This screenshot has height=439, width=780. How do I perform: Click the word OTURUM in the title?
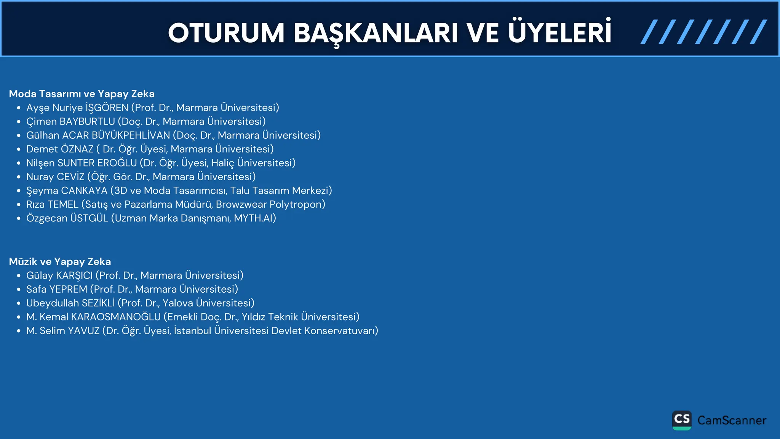(x=226, y=33)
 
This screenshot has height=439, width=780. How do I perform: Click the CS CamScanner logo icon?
(x=682, y=420)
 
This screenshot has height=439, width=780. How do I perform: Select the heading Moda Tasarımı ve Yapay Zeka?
(x=82, y=94)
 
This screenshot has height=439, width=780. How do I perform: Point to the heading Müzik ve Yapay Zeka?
(x=60, y=261)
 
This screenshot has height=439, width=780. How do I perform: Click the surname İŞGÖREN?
(x=107, y=108)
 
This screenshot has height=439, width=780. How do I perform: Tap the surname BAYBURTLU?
(x=87, y=122)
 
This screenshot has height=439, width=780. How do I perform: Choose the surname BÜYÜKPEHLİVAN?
(x=131, y=135)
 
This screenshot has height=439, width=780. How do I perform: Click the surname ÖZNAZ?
(x=77, y=149)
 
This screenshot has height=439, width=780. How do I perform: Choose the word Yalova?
(x=178, y=303)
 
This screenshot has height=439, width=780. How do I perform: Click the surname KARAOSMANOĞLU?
(x=116, y=317)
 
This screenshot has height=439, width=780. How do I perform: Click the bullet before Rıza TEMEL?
(x=18, y=205)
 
